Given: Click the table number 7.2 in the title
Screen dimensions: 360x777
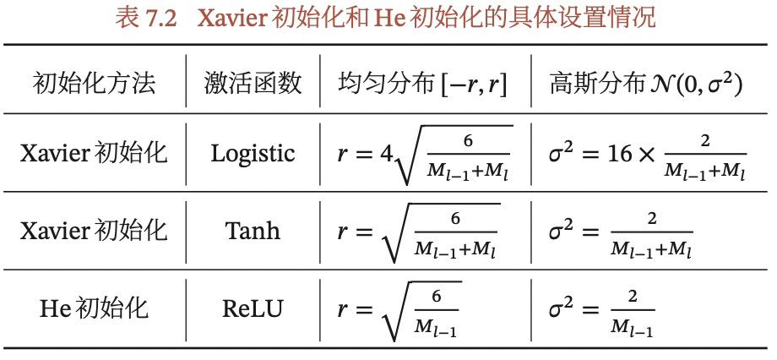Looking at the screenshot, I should coord(157,18).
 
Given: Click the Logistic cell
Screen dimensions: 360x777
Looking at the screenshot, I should coord(253,153).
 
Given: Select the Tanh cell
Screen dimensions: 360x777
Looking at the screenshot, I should coord(253,230).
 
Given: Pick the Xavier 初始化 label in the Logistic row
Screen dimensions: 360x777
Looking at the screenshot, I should coord(95,153).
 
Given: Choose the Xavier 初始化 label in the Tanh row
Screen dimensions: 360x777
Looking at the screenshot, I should coord(95,230).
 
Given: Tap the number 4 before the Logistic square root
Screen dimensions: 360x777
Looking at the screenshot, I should coord(386,153).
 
